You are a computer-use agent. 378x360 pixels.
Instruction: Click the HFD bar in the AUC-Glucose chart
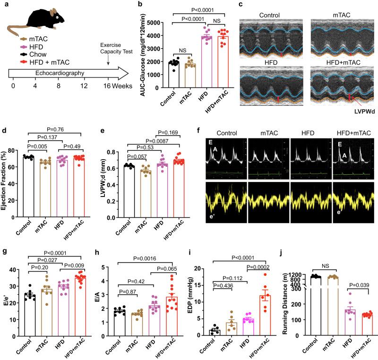[x=192, y=62]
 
